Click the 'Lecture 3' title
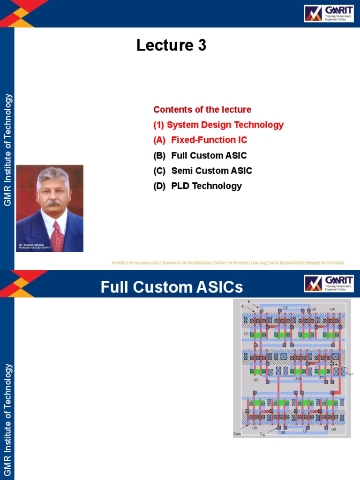click(x=171, y=45)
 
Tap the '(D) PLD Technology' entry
click(x=197, y=186)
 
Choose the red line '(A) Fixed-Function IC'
click(x=200, y=140)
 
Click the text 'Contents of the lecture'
click(x=202, y=110)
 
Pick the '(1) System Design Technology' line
click(x=218, y=125)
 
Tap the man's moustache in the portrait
click(x=53, y=202)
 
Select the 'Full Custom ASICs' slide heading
click(x=172, y=286)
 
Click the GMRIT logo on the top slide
click(x=328, y=14)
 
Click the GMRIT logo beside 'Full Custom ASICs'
click(x=328, y=284)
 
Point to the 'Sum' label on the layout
click(x=237, y=434)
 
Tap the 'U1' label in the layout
click(x=247, y=334)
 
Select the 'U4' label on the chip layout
click(x=332, y=309)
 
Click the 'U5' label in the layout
click(x=256, y=380)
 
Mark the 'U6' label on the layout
click(x=333, y=429)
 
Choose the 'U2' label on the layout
click(x=285, y=308)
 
